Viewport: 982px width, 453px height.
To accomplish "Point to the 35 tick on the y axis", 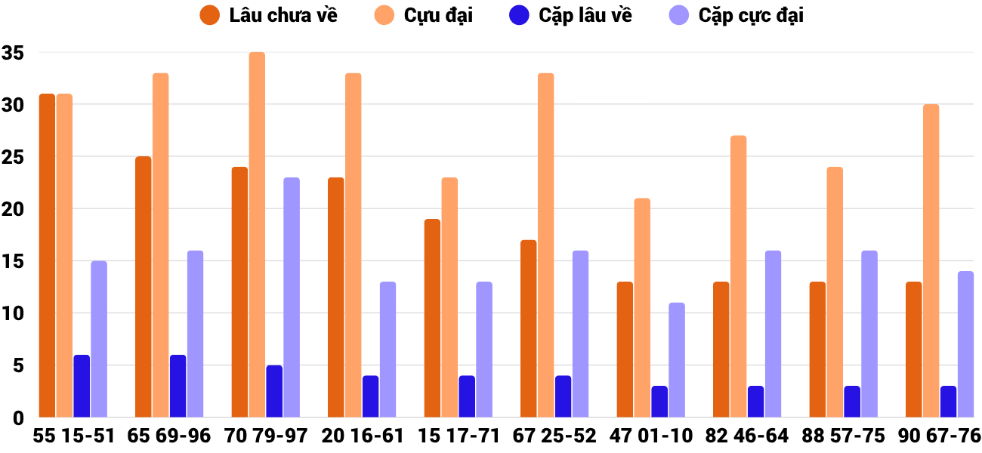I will (x=14, y=53).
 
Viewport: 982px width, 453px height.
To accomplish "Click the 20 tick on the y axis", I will (x=14, y=209).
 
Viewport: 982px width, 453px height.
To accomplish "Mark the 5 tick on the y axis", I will (x=18, y=365).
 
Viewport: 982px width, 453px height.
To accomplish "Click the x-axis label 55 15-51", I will (x=73, y=436).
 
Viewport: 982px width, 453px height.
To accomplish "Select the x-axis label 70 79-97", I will (x=266, y=436).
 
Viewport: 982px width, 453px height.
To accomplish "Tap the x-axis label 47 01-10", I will (x=651, y=436).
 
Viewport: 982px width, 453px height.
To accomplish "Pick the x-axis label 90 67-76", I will (x=940, y=436).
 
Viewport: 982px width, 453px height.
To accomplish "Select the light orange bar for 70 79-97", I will (x=257, y=235).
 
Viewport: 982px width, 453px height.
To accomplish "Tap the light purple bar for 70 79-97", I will (x=292, y=297).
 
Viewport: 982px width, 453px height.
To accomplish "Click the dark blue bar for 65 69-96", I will (x=178, y=386).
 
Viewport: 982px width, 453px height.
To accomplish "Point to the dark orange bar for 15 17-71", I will (x=432, y=318).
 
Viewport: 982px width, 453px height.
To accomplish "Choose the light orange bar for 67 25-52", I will (x=546, y=245).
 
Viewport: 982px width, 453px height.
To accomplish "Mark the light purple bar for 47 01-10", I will (x=677, y=360).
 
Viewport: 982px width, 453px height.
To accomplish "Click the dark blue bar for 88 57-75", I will (x=852, y=402).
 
